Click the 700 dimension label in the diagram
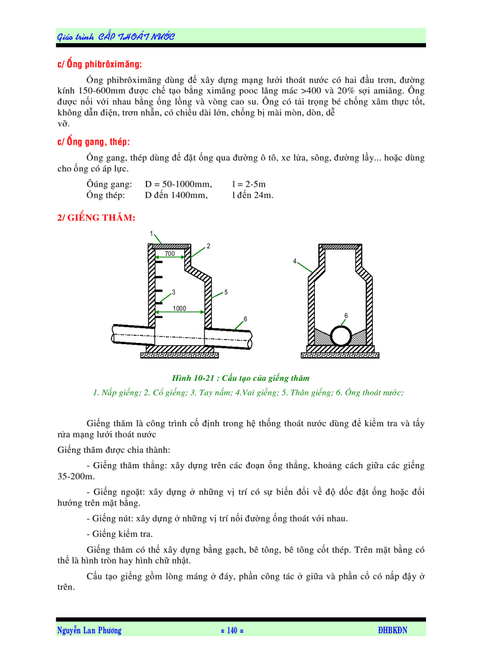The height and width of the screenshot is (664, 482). [x=170, y=254]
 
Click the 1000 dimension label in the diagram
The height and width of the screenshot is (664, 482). [x=180, y=309]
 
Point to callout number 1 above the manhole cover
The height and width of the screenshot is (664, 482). [x=152, y=234]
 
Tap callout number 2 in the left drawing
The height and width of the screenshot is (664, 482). [x=208, y=245]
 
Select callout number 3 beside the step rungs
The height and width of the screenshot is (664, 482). [x=174, y=292]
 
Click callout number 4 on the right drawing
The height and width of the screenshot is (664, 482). [x=294, y=261]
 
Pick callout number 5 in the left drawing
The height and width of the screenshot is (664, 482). [x=226, y=292]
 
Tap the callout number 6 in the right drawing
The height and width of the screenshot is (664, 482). [x=346, y=315]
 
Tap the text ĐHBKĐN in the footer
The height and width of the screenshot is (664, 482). [x=392, y=630]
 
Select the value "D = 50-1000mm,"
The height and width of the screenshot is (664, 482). [x=178, y=184]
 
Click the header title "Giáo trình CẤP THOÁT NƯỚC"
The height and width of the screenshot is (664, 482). [x=116, y=37]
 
